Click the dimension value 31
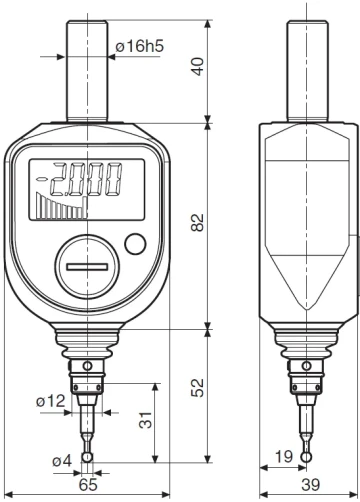(145, 422)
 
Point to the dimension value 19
(282, 457)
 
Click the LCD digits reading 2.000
(87, 179)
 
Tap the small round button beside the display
(135, 243)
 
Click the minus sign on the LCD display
(43, 178)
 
